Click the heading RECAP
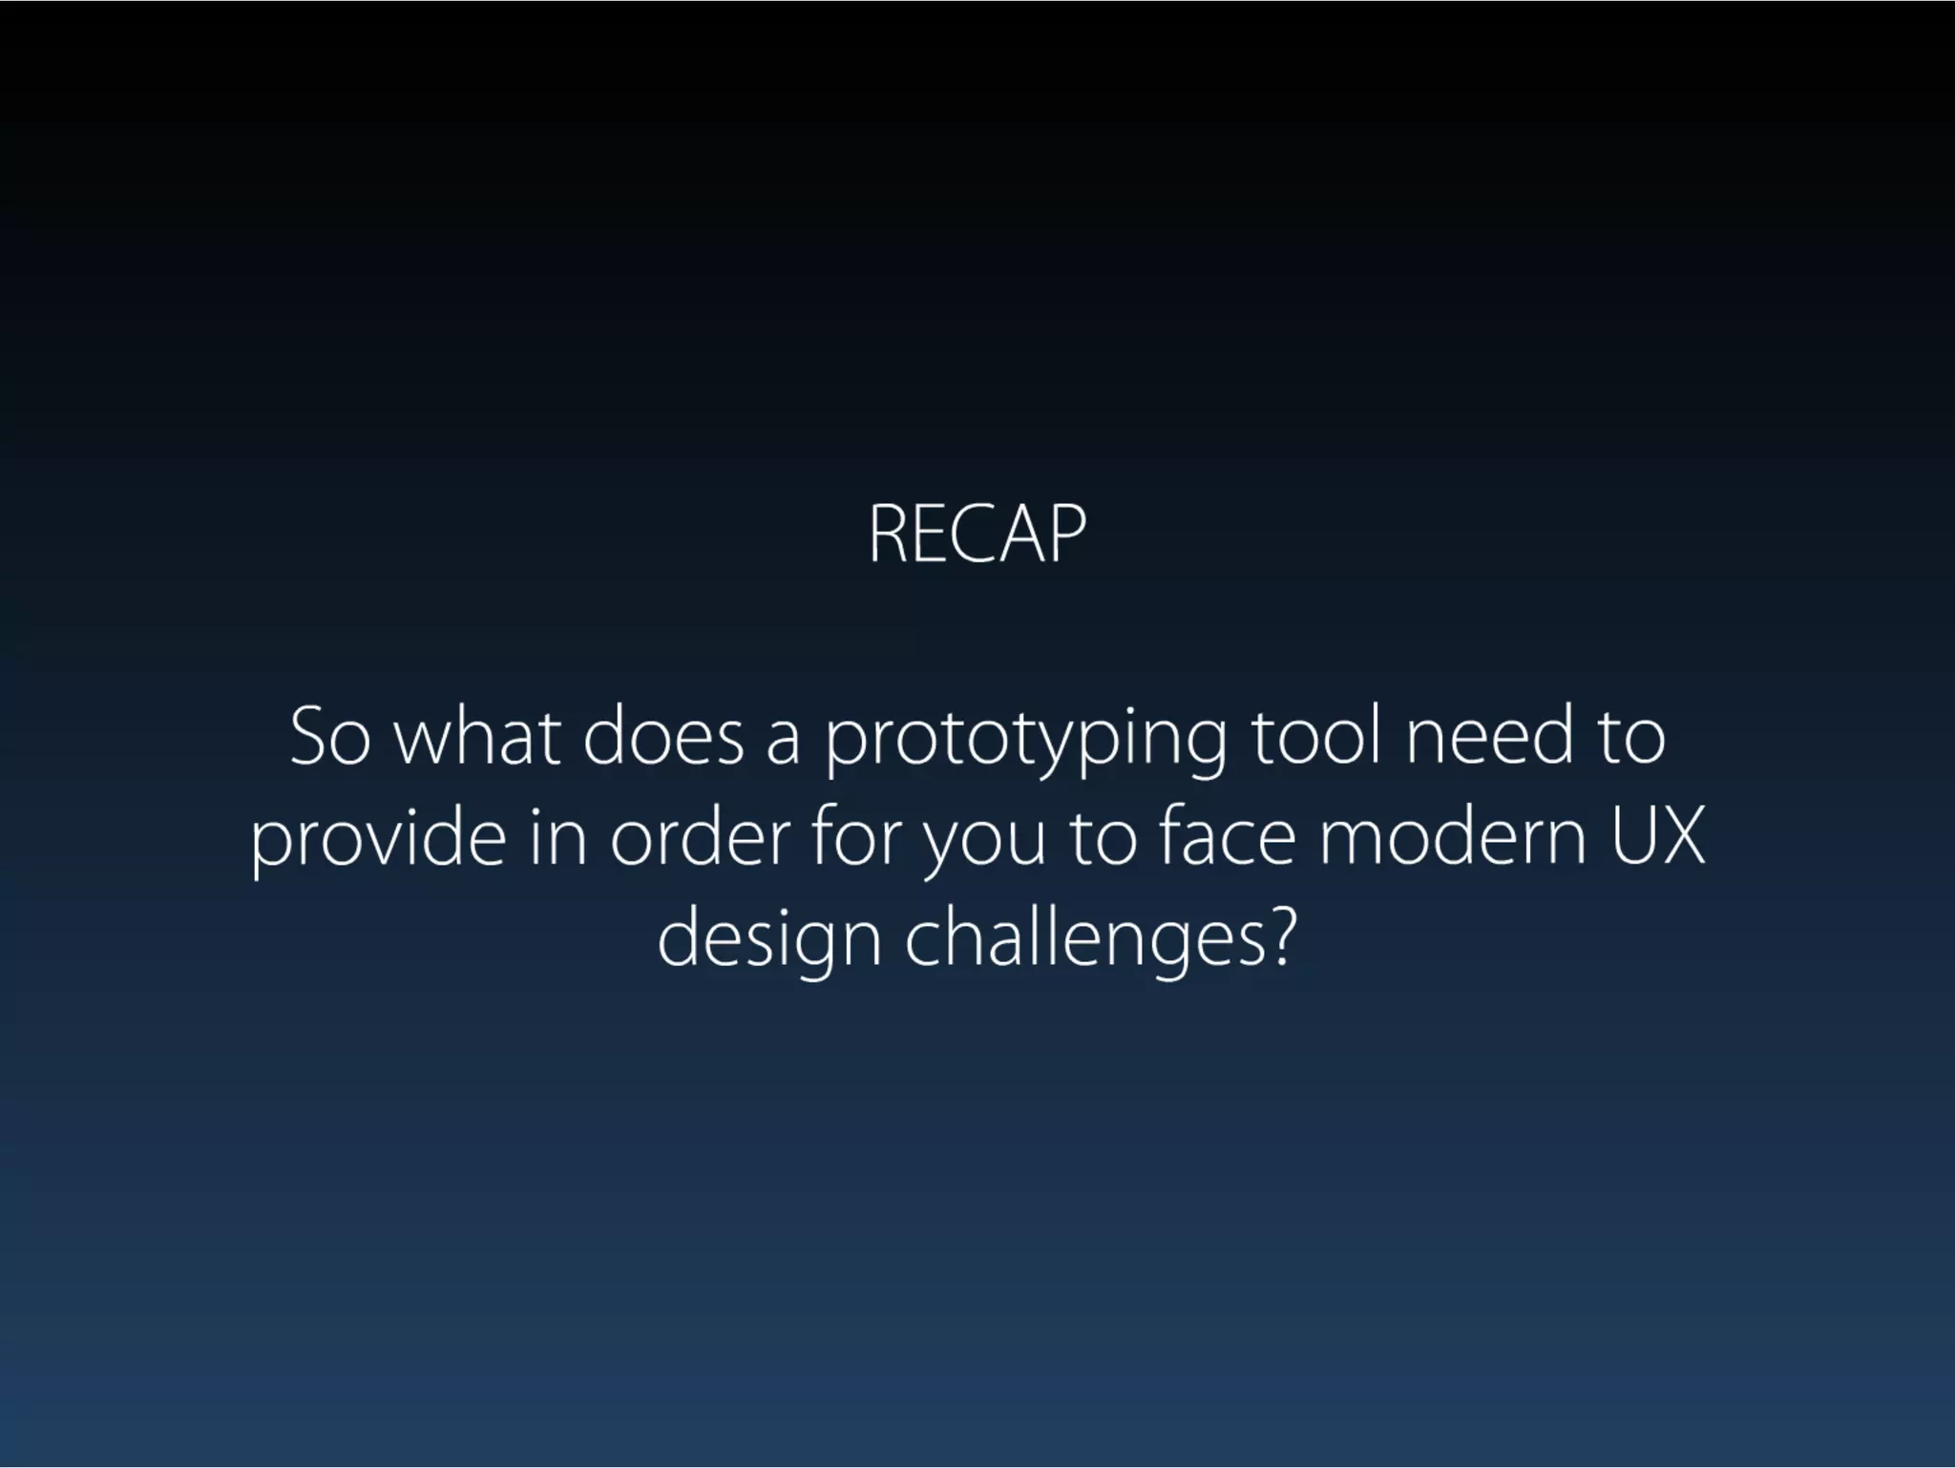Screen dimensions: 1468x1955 coord(977,535)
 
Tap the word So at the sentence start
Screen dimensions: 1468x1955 coord(329,737)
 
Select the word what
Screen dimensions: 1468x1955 coord(477,737)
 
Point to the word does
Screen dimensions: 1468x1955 coord(662,737)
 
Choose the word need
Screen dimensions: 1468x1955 coord(1488,737)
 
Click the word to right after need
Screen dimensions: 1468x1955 coord(1632,737)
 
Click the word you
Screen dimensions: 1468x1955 coord(983,846)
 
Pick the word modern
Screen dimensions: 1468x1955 coord(1452,838)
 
